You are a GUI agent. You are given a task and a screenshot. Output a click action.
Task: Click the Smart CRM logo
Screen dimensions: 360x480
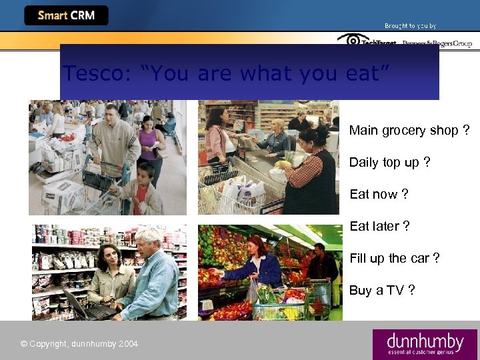click(x=66, y=15)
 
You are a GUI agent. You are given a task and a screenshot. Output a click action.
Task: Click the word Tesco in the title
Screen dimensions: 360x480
click(x=91, y=73)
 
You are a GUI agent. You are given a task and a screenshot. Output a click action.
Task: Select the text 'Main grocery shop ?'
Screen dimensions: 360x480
click(x=409, y=130)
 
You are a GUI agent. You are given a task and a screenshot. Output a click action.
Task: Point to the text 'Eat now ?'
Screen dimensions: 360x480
click(x=379, y=194)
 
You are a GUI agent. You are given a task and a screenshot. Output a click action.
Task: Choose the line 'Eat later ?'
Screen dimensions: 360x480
click(x=379, y=226)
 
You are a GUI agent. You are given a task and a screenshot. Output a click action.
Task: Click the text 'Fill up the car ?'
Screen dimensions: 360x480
click(x=394, y=258)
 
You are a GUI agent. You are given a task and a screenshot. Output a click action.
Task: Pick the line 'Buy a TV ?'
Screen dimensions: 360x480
click(x=381, y=290)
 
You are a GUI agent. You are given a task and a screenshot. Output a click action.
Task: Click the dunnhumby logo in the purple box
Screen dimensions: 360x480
click(x=425, y=344)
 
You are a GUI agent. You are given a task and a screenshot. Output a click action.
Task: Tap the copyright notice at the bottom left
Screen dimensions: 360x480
click(x=79, y=344)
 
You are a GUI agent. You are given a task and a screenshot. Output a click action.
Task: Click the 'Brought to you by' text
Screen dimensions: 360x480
click(x=410, y=26)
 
